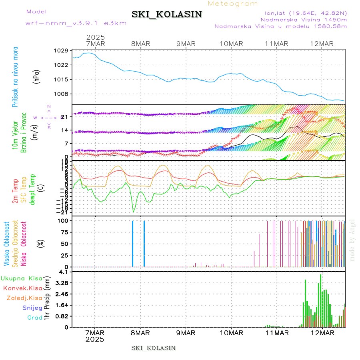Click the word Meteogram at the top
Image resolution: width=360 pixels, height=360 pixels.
(x=233, y=4)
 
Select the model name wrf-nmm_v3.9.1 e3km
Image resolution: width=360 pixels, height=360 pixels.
(x=76, y=23)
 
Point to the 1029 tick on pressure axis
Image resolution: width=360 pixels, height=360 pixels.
(x=62, y=50)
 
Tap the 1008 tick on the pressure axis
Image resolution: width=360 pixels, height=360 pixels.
(x=62, y=94)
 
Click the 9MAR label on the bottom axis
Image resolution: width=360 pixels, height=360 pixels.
(x=186, y=333)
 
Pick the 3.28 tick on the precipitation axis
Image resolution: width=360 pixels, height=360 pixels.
(x=62, y=283)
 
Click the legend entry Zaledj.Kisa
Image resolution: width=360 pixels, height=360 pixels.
(x=24, y=298)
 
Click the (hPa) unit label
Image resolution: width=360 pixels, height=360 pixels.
(x=37, y=76)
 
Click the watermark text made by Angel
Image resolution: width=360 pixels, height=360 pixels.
(x=352, y=240)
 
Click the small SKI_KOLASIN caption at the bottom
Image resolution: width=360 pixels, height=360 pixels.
(x=154, y=348)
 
